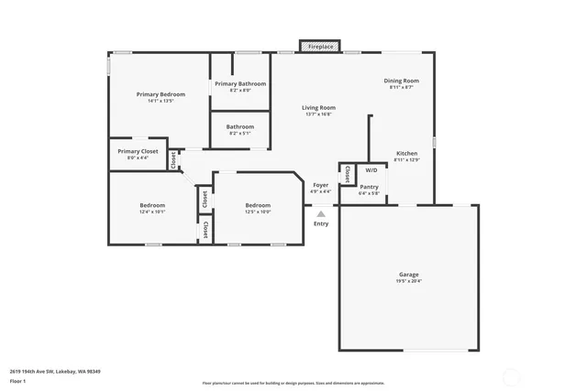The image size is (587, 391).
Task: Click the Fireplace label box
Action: pos(320,46)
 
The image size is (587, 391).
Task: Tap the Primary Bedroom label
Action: pos(161,94)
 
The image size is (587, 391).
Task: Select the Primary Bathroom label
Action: pos(240,84)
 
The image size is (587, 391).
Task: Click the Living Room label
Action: pos(319,108)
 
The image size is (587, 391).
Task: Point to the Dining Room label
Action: pos(401,81)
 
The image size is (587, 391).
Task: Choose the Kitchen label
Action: pos(406,153)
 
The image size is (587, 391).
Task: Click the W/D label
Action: pos(371,170)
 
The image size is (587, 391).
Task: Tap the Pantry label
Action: pos(369,187)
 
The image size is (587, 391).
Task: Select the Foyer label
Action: pos(321,185)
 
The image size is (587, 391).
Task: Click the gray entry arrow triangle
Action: pos(321,213)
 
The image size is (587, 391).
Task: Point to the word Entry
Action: pos(321,223)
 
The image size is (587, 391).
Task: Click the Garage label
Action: pos(408,275)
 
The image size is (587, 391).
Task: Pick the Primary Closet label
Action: pos(138,151)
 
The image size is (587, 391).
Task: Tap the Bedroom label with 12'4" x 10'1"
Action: pos(152,205)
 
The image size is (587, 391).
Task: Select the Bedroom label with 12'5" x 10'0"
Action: pos(258,205)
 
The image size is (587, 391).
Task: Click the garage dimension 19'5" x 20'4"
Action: pos(409,281)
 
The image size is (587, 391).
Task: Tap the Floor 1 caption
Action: pos(17,380)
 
